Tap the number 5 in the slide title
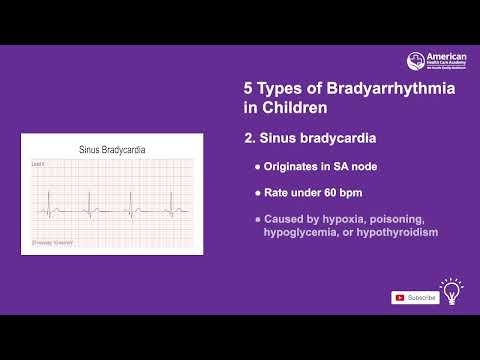point(250,89)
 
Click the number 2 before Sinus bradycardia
point(250,138)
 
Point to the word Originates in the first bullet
point(292,165)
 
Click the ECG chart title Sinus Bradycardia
point(112,150)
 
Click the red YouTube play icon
point(400,297)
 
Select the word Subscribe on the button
point(421,297)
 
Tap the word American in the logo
point(439,57)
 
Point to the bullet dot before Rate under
point(257,191)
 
